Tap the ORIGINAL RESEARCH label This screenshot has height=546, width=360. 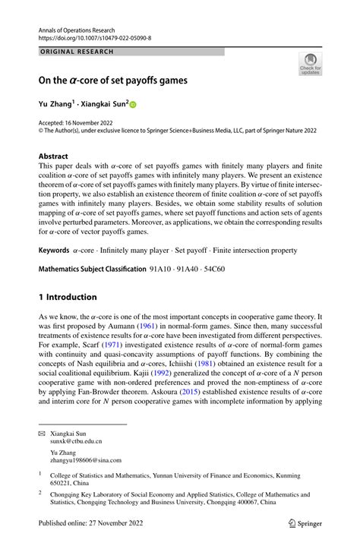(76, 52)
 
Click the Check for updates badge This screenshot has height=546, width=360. (310, 65)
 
